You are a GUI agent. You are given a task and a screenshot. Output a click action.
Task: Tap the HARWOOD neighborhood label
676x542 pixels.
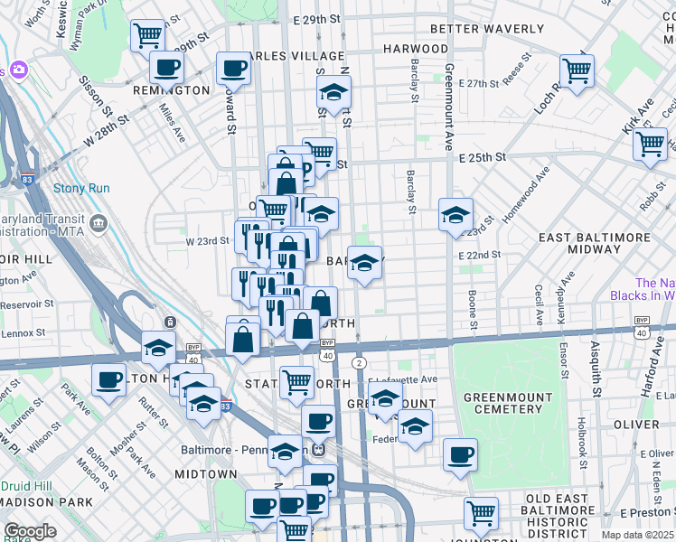click(416, 48)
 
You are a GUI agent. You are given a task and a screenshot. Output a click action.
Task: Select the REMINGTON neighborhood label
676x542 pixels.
click(172, 90)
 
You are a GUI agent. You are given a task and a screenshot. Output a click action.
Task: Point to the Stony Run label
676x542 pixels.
click(81, 188)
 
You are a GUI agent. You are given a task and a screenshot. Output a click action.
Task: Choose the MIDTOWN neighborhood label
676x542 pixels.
click(205, 473)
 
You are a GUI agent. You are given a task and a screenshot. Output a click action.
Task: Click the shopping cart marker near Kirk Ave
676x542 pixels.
click(650, 143)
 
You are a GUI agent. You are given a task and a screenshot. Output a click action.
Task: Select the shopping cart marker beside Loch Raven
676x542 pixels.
click(577, 70)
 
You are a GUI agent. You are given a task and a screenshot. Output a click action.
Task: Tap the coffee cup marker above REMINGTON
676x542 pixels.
click(166, 66)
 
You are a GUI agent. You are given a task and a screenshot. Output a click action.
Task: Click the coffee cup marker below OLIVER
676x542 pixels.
click(460, 453)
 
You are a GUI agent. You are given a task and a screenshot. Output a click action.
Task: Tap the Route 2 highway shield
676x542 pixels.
click(359, 362)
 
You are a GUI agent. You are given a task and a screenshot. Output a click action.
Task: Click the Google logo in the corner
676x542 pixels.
click(30, 531)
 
